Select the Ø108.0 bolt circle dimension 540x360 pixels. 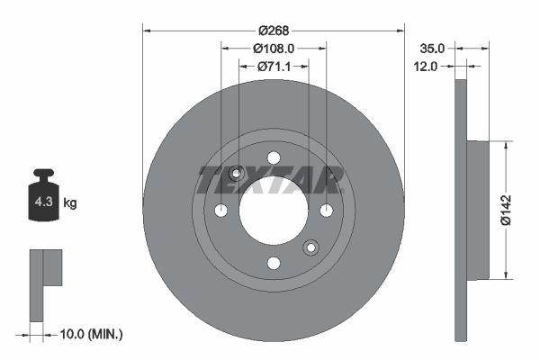coord(274,48)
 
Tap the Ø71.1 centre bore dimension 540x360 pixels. coord(274,66)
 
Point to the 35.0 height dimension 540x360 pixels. coord(433,48)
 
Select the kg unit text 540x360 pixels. coord(70,203)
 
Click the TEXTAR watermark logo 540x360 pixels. coord(270,180)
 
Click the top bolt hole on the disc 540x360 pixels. coord(274,158)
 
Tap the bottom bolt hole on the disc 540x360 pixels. coord(274,264)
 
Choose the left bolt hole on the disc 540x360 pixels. coord(221,211)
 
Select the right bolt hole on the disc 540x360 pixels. coord(327,211)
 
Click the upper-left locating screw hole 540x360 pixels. coord(237,174)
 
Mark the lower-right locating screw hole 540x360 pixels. coord(311,247)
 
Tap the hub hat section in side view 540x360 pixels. coord(477,209)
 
